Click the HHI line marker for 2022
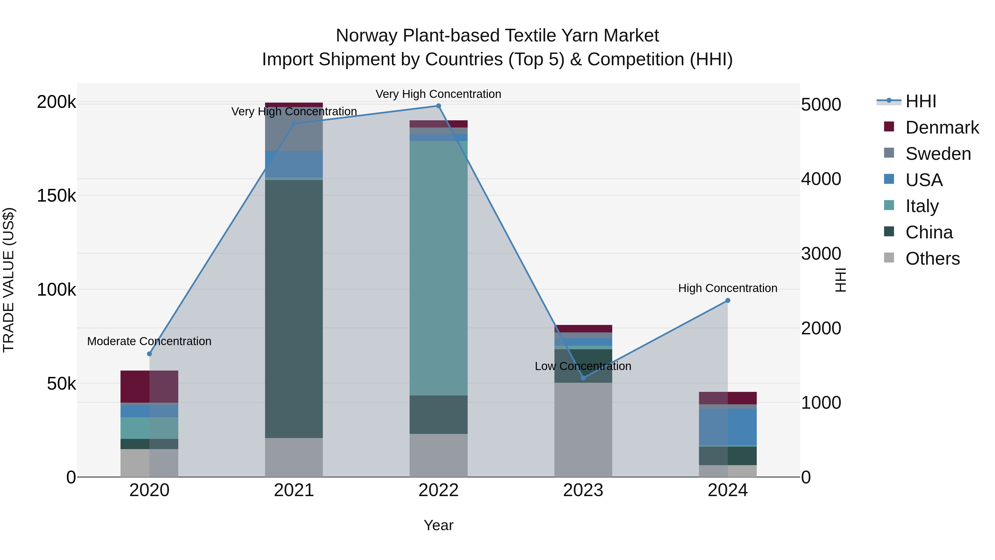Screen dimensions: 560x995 (x=438, y=106)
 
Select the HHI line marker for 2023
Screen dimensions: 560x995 (x=583, y=377)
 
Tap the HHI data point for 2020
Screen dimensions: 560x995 (x=150, y=354)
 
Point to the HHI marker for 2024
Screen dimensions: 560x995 (x=728, y=300)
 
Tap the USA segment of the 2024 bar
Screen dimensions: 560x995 (x=728, y=427)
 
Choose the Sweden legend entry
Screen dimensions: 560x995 (x=938, y=154)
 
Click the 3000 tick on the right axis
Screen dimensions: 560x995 (x=821, y=254)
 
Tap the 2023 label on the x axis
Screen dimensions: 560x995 (x=583, y=490)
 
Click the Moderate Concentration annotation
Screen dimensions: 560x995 (x=150, y=341)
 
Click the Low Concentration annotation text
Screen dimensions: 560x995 (x=583, y=366)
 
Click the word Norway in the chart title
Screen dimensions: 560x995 (x=366, y=36)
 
